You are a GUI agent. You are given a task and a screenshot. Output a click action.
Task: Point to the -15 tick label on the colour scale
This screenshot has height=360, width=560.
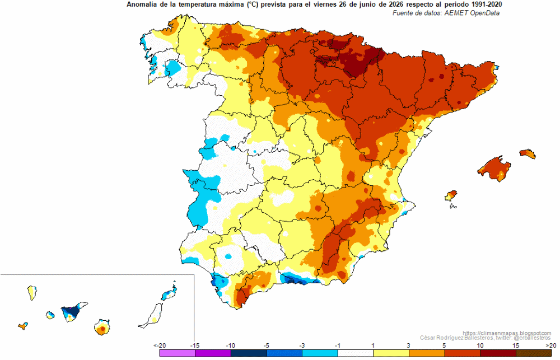pyautogui.click(x=194, y=345)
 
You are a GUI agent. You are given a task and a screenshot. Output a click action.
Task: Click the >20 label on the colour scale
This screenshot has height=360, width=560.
pyautogui.click(x=550, y=345)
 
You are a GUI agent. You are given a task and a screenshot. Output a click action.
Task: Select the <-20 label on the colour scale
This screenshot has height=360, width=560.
pyautogui.click(x=160, y=345)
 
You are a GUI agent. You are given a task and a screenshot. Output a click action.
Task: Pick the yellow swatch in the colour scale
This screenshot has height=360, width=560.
pyautogui.click(x=391, y=353)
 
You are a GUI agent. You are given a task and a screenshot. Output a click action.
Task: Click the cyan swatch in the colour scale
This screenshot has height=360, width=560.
pyautogui.click(x=320, y=353)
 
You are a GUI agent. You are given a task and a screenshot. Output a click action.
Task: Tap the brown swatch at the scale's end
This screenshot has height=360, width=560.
pyautogui.click(x=534, y=353)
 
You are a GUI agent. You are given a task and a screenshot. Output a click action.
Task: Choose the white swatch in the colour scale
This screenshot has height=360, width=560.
pyautogui.click(x=356, y=353)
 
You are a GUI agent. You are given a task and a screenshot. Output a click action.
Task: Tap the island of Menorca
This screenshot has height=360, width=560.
pyautogui.click(x=528, y=153)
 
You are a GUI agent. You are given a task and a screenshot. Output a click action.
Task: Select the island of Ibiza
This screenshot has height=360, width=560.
pyautogui.click(x=451, y=195)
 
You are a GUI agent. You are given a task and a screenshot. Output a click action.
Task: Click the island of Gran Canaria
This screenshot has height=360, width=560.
pyautogui.click(x=102, y=328)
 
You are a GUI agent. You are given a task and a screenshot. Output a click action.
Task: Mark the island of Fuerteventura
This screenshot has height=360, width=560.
pyautogui.click(x=152, y=316)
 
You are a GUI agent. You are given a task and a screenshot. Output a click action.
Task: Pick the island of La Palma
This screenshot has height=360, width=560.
pyautogui.click(x=32, y=293)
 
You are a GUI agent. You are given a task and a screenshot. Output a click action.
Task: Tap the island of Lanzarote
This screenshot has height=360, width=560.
pyautogui.click(x=169, y=292)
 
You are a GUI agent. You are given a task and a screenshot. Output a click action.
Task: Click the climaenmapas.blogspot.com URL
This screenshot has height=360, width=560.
pyautogui.click(x=507, y=333)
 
